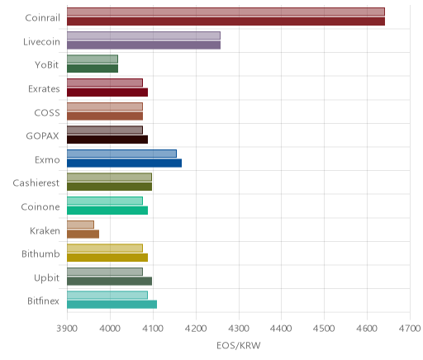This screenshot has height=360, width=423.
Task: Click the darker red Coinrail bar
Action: point(226,21)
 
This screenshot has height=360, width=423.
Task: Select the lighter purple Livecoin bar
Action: point(144,36)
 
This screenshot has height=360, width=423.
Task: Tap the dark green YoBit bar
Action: point(93,69)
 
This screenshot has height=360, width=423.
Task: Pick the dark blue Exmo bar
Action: point(124,163)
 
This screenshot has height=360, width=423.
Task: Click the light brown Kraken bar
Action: point(80,225)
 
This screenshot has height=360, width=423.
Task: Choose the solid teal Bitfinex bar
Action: point(112,305)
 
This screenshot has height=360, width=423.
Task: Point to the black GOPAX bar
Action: point(107,140)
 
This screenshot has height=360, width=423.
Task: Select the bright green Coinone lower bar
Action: point(107,211)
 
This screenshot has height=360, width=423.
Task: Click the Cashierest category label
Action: point(36,182)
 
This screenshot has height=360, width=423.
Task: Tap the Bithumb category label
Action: point(40,253)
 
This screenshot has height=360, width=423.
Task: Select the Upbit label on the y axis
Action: point(46,277)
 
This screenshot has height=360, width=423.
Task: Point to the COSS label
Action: point(47,112)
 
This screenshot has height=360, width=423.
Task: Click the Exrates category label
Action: point(44,88)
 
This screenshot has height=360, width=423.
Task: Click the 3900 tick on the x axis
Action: point(67,329)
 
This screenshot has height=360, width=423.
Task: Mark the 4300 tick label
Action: point(239,329)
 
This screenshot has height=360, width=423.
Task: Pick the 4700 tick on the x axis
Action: point(410,329)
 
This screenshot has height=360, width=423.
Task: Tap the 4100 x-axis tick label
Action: point(153,329)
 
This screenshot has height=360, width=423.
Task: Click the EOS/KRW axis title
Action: point(239,345)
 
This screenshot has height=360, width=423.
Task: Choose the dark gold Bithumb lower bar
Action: point(107,258)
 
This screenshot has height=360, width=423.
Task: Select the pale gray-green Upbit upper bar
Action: point(105,272)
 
